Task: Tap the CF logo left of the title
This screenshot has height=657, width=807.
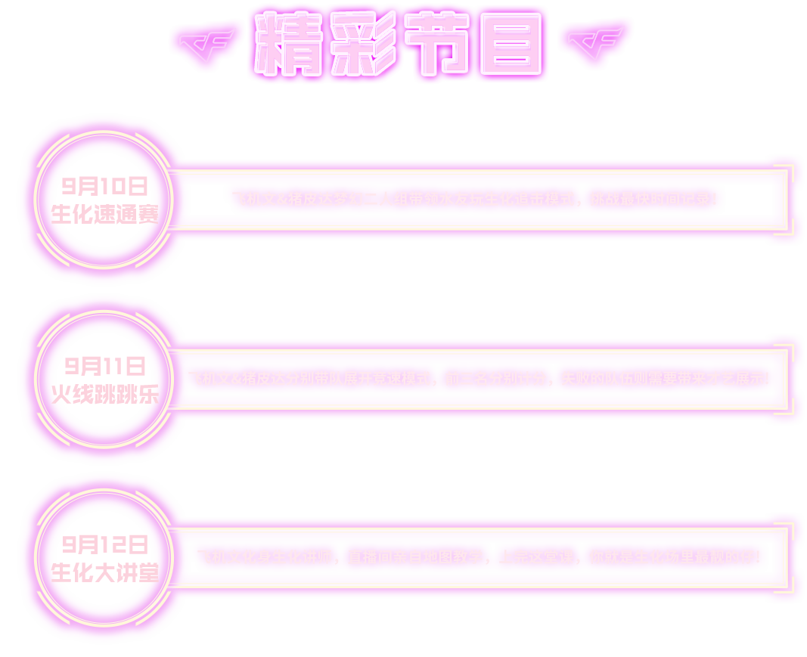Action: [x=206, y=45]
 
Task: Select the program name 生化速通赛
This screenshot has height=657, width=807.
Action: [x=104, y=214]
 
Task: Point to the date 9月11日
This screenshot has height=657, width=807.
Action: [x=104, y=367]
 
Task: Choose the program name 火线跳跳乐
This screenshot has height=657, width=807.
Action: [x=104, y=394]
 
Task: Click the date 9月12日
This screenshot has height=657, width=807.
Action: [x=104, y=544]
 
